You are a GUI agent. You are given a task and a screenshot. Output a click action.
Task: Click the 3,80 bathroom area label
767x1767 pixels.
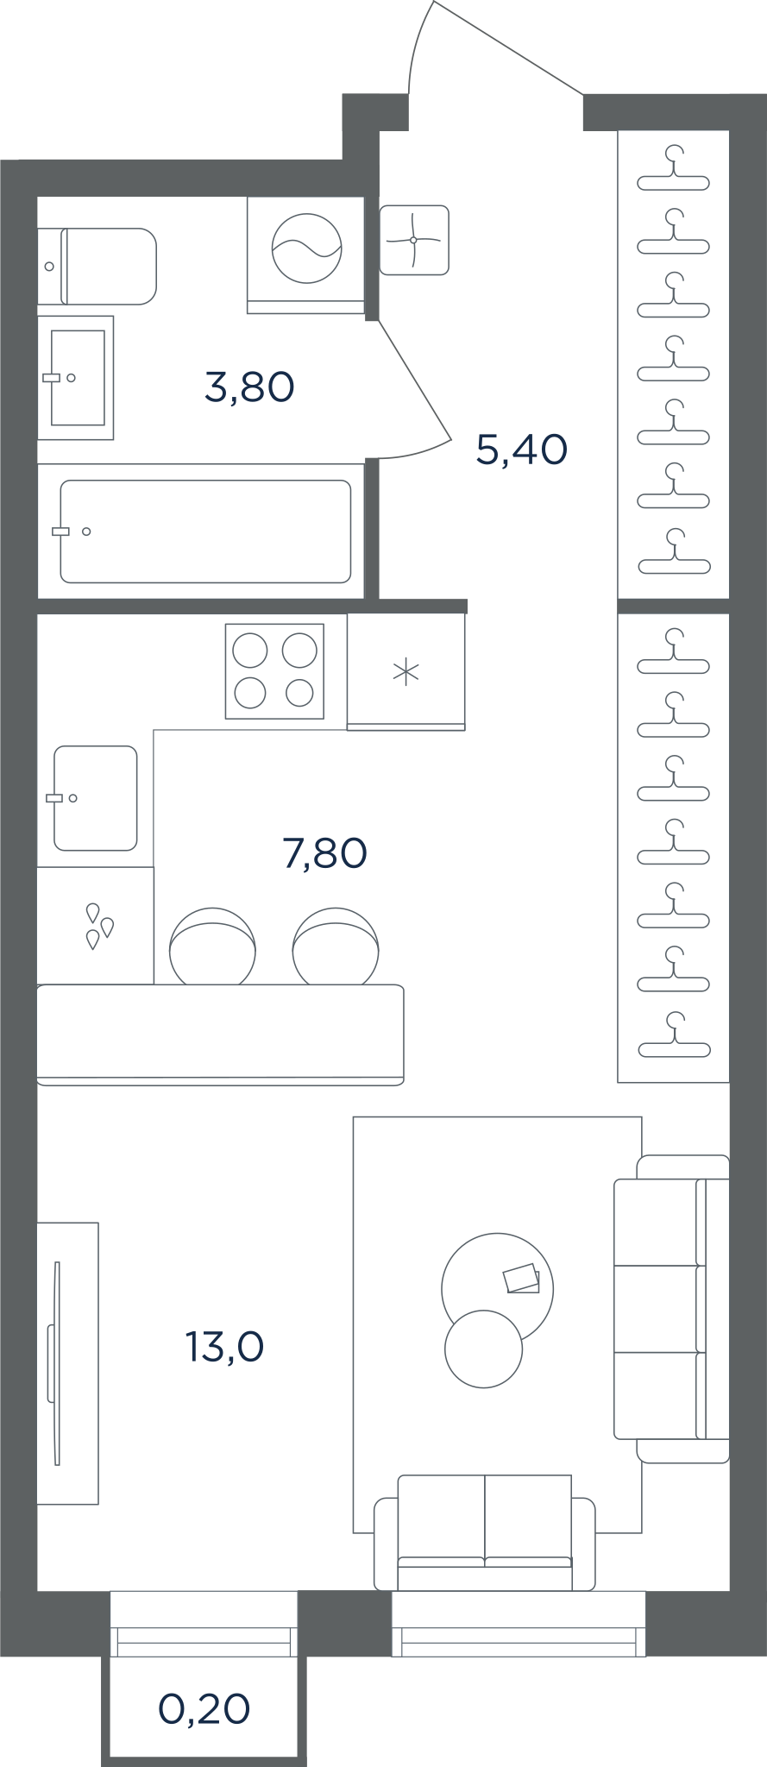click(x=249, y=387)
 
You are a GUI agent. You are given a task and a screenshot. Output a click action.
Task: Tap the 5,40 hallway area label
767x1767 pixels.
click(x=521, y=450)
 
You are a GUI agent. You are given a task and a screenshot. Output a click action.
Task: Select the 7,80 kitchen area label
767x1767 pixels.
click(x=324, y=853)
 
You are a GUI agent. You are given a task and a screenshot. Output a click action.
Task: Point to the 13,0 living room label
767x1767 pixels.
click(x=224, y=1346)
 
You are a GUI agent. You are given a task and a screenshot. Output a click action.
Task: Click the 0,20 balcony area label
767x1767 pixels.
click(x=204, y=1708)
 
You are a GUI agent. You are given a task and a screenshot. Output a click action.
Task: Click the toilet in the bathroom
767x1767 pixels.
click(x=97, y=266)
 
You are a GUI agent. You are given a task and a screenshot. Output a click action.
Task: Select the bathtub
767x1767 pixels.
click(x=205, y=531)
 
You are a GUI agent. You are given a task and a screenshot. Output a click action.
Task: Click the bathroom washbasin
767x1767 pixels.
click(x=76, y=378)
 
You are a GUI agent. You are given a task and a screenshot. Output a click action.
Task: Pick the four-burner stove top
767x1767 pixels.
click(x=274, y=671)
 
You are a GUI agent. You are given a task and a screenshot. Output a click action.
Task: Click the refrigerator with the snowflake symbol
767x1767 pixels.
click(x=406, y=671)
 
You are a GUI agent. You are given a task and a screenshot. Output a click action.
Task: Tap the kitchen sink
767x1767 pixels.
click(x=95, y=798)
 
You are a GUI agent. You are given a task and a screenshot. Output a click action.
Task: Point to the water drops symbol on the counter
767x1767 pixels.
click(x=98, y=926)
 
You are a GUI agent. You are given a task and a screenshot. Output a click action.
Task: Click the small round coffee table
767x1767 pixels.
click(x=484, y=1349)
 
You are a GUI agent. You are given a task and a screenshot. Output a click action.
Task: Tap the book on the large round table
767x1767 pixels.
click(x=521, y=1279)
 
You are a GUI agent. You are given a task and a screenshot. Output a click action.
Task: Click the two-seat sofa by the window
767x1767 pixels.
click(x=485, y=1531)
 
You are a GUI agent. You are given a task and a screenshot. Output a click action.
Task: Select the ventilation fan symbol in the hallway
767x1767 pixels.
click(x=414, y=240)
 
